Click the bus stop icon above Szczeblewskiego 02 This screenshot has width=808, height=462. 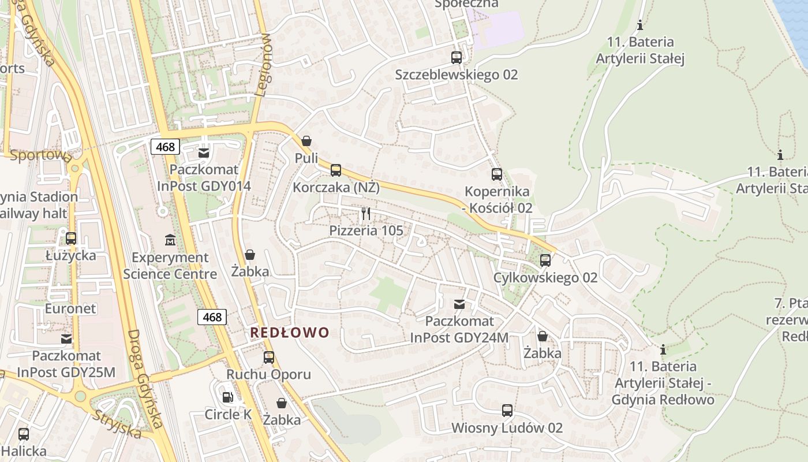pos(457,58)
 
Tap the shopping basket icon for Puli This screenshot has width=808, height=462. pos(306,141)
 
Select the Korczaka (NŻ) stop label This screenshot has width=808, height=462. pos(336,188)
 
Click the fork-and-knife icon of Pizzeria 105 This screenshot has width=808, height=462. pos(366,214)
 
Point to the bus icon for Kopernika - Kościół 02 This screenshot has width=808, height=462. pos(497,174)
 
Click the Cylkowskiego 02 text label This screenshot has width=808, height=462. pos(545,278)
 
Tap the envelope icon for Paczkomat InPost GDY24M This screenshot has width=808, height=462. pos(459,304)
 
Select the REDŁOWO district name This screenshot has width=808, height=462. pos(290,333)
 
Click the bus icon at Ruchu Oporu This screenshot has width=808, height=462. pos(269,357)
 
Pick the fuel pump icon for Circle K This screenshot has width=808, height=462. pos(228,397)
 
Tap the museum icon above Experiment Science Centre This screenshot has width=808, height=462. pos(170,240)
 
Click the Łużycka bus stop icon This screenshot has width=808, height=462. pos(71,238)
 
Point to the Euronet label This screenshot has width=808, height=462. pos(70,308)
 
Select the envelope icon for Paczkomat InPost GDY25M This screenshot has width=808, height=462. pos(67,339)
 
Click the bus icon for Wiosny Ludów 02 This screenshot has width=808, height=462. pos(507,411)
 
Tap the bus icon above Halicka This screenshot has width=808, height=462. pos(24,434)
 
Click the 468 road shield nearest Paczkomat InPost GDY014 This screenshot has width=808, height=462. pos(165,147)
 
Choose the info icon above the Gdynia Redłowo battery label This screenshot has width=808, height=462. pos(663,350)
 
